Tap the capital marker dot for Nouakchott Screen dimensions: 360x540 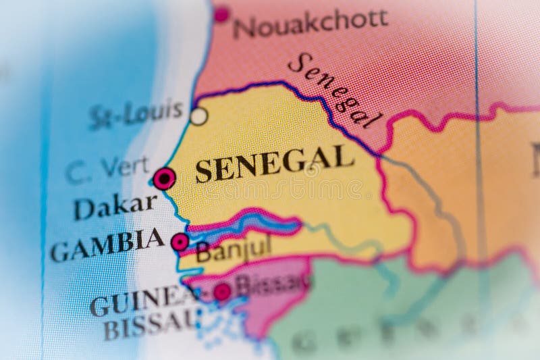221,13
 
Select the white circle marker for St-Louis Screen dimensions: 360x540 198,116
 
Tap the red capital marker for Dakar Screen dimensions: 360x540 164,178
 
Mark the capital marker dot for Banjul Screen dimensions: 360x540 180,242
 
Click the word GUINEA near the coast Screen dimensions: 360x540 139,303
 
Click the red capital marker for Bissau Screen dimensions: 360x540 222,292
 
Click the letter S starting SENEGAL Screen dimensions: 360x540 202,173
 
